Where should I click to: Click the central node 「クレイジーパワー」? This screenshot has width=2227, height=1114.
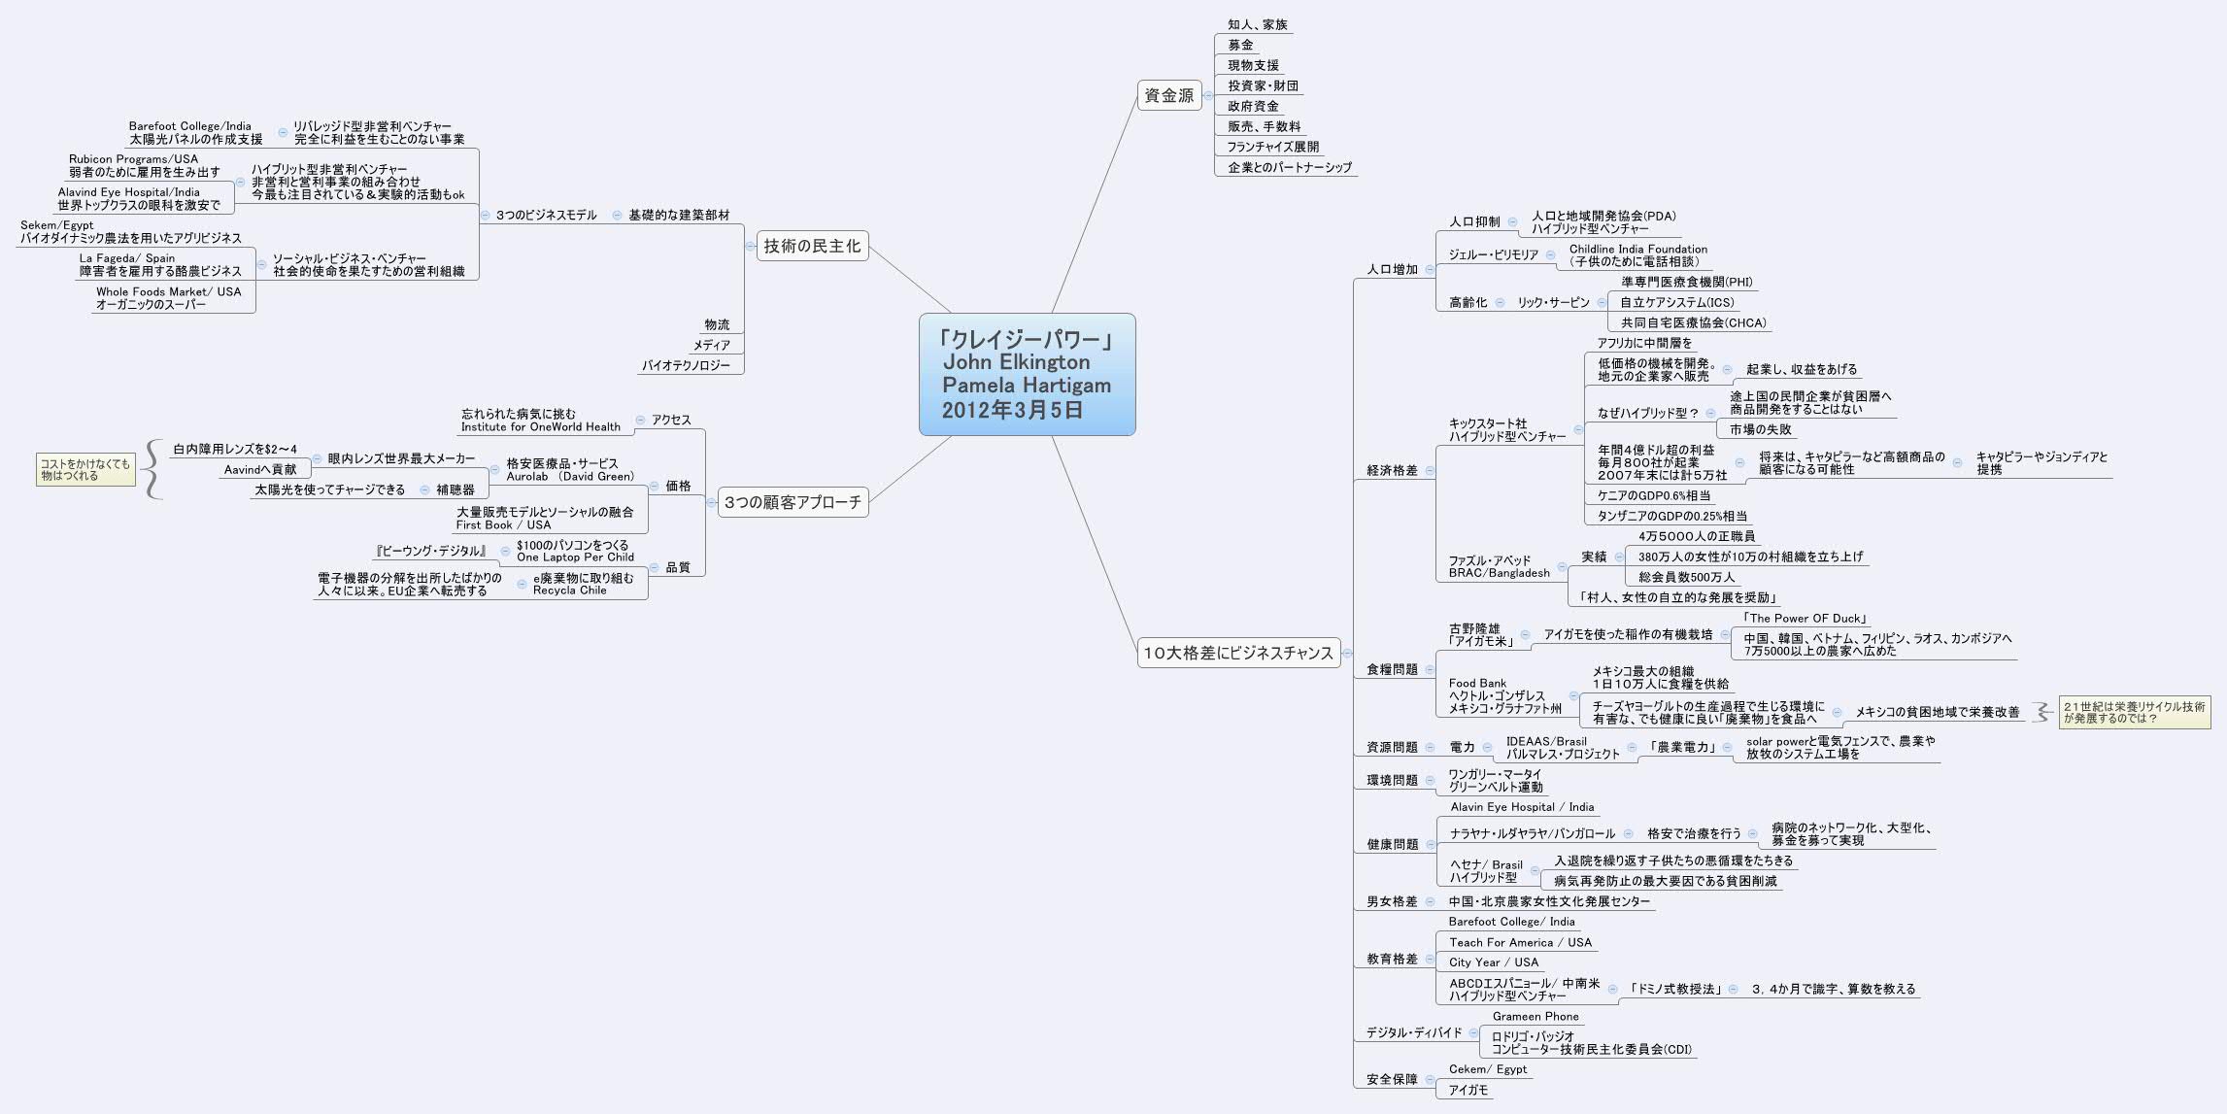(1027, 374)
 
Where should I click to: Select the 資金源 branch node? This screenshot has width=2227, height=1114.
(1168, 95)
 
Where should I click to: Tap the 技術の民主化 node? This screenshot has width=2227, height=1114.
(811, 246)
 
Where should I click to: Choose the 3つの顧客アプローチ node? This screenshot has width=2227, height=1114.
(793, 502)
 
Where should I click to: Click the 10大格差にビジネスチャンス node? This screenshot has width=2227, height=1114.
(1237, 653)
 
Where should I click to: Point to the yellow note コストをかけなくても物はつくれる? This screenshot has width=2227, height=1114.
(85, 470)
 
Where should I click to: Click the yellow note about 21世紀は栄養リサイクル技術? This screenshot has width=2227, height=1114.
(2134, 712)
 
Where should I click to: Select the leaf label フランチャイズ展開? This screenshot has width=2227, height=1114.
(1272, 147)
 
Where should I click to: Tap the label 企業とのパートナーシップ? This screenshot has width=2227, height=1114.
(1289, 167)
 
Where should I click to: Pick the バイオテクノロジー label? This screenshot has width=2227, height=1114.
(686, 365)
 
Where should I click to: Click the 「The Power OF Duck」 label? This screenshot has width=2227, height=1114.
(1805, 618)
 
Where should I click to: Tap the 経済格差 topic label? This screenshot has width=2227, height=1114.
(1392, 470)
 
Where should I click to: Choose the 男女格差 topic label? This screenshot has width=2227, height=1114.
(1392, 901)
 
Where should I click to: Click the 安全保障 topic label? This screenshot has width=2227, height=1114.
(1392, 1079)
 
